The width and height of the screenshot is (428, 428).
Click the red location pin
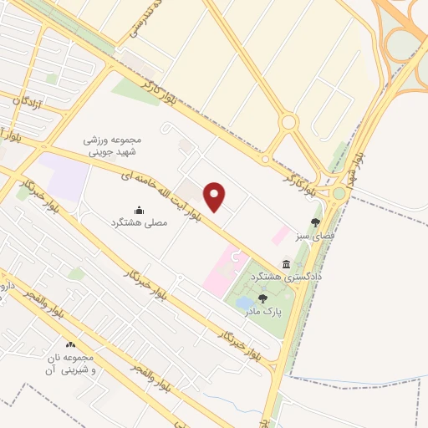tap(216, 196)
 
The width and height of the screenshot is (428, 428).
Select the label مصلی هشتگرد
tap(140, 223)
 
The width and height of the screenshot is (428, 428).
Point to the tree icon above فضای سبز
tap(315, 222)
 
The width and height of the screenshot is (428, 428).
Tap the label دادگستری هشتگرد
tap(313, 275)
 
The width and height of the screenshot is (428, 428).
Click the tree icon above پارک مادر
tap(262, 298)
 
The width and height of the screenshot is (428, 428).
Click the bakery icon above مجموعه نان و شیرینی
tap(70, 344)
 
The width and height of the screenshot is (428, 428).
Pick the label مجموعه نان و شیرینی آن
tap(69, 363)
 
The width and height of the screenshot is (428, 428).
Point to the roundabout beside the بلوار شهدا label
tap(339, 194)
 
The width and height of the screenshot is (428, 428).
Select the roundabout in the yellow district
tap(289, 123)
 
